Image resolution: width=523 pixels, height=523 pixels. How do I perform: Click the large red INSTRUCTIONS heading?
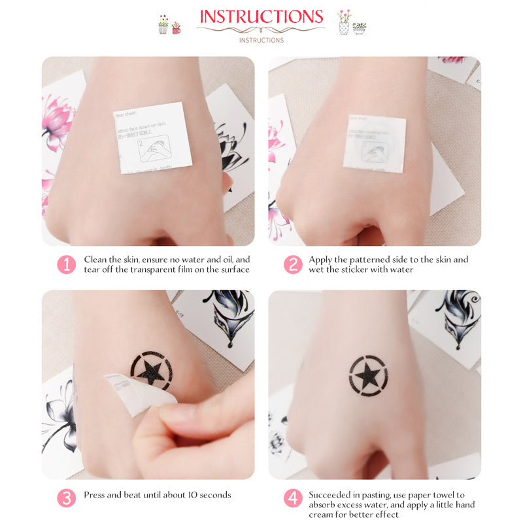click(x=261, y=17)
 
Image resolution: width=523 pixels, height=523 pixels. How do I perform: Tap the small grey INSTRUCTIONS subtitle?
click(x=261, y=41)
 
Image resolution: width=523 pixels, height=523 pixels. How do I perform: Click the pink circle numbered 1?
click(x=66, y=265)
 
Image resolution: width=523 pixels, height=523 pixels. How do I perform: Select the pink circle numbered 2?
click(x=292, y=265)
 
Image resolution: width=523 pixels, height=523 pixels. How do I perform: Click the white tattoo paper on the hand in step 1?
click(x=152, y=138)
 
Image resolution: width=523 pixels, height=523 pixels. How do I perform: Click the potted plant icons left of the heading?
click(x=169, y=25)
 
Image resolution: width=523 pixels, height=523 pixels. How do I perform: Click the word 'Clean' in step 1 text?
click(x=95, y=260)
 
